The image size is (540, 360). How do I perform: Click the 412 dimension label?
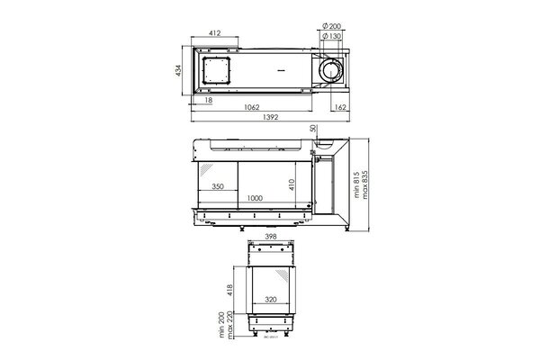(216, 33)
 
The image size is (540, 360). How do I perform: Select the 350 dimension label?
(218, 187)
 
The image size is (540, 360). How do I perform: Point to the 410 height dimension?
(292, 184)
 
